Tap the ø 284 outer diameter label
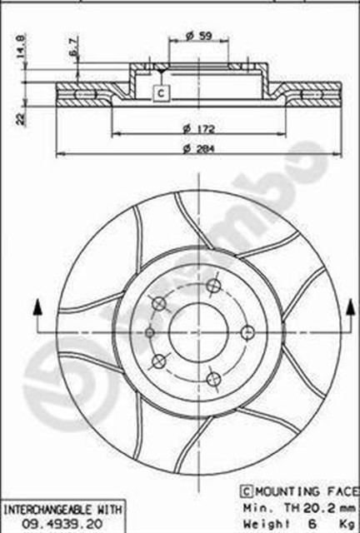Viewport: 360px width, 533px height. (x=194, y=148)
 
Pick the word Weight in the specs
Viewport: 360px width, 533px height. (x=262, y=521)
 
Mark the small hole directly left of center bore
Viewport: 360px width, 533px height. (x=150, y=331)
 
